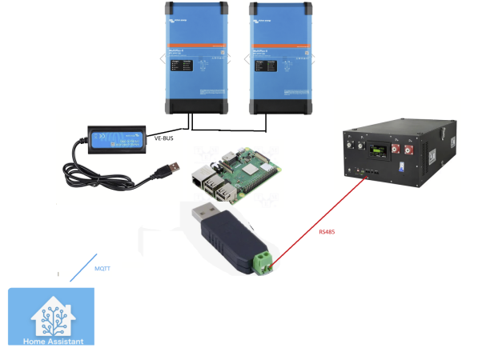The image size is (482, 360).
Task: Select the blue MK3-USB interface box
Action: click(116, 138)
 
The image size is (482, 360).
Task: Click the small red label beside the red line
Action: click(326, 233)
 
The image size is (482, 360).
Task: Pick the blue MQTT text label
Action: click(102, 270)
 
